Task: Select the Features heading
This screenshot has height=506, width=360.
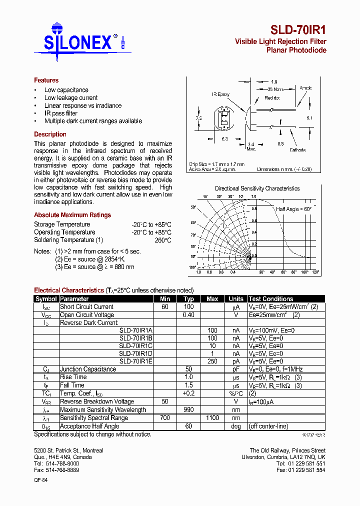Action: click(x=46, y=80)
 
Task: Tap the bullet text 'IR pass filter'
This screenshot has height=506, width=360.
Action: click(x=61, y=113)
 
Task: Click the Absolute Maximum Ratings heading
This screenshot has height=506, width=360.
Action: click(x=72, y=215)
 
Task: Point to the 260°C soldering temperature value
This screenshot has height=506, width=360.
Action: click(x=162, y=240)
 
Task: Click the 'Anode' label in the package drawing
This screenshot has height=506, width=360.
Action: click(x=305, y=88)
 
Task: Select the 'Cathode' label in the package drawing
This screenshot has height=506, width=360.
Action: click(x=297, y=150)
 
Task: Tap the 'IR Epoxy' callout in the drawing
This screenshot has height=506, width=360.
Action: click(x=220, y=94)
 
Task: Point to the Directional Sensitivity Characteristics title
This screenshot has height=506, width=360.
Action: click(x=257, y=188)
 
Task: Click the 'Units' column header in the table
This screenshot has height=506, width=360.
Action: click(x=235, y=298)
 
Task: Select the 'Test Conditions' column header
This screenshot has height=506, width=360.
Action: click(x=271, y=298)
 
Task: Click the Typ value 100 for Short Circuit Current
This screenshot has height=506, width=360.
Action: click(x=188, y=307)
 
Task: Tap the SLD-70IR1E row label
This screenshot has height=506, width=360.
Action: click(x=135, y=361)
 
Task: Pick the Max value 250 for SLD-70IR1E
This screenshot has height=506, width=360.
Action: click(x=212, y=361)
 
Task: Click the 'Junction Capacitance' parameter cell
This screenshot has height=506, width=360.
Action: click(x=88, y=369)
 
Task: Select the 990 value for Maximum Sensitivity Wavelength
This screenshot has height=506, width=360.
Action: click(x=188, y=409)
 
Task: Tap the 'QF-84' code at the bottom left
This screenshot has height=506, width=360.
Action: click(x=41, y=480)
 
